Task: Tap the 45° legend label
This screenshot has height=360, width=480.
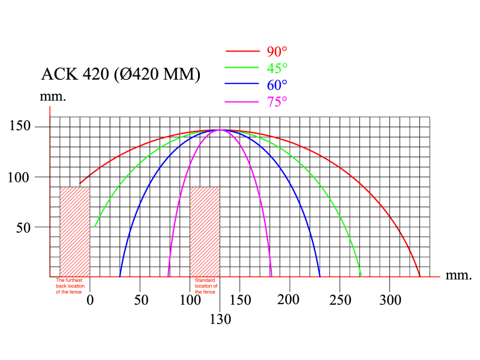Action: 277,68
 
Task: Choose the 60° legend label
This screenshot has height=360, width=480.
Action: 277,85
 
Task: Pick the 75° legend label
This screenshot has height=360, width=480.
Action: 277,101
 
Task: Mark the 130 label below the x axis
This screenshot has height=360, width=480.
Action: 221,320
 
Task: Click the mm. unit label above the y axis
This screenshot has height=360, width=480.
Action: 53,96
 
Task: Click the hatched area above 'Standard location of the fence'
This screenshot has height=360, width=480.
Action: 205,232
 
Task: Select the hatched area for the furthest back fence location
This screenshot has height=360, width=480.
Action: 74,232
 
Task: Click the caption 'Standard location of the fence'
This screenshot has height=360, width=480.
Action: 205,286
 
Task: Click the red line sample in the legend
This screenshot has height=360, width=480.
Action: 241,52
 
